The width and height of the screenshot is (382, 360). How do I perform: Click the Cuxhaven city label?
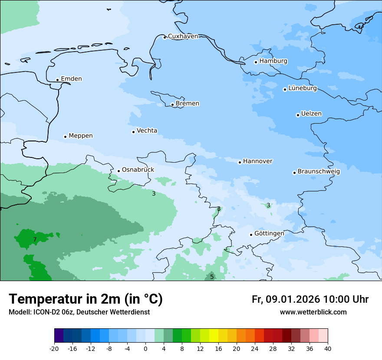pyautogui.click(x=183, y=36)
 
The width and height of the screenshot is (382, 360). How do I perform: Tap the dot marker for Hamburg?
pyautogui.click(x=256, y=62)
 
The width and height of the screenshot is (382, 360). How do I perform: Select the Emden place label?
pyautogui.click(x=71, y=79)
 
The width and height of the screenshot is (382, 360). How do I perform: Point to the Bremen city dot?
pyautogui.click(x=172, y=105)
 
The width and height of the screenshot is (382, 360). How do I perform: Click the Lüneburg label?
pyautogui.click(x=303, y=88)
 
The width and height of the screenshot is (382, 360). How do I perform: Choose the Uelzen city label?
pyautogui.click(x=311, y=114)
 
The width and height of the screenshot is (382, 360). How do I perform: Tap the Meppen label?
pyautogui.click(x=81, y=136)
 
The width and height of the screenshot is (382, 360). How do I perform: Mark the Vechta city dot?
pyautogui.click(x=133, y=132)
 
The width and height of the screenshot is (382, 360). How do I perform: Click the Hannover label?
pyautogui.click(x=257, y=161)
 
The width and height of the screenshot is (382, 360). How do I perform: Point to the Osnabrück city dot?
pyautogui.click(x=119, y=171)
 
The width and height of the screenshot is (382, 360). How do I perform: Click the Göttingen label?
pyautogui.click(x=269, y=234)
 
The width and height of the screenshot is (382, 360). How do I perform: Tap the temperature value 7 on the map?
pyautogui.click(x=35, y=239)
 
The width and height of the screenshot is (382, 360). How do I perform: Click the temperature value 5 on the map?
pyautogui.click(x=212, y=277)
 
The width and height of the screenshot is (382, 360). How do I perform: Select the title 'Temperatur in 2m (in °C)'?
pyautogui.click(x=86, y=299)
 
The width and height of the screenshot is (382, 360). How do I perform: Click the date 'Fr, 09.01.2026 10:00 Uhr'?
pyautogui.click(x=310, y=299)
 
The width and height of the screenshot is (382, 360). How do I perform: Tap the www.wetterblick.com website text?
pyautogui.click(x=313, y=312)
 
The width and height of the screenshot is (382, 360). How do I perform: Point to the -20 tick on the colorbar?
pyautogui.click(x=54, y=348)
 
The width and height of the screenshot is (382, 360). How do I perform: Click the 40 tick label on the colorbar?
pyautogui.click(x=328, y=348)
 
